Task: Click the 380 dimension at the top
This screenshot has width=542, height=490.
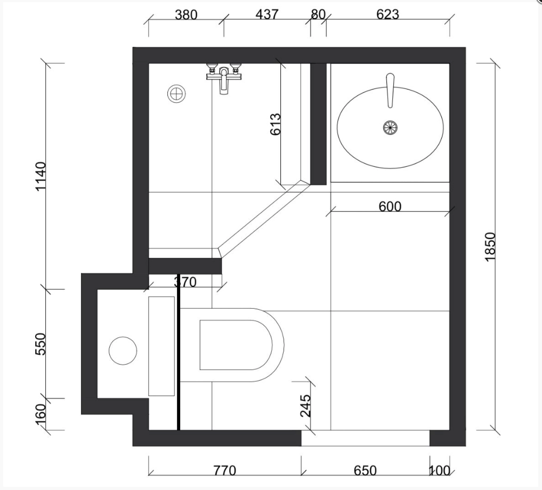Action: point(186,15)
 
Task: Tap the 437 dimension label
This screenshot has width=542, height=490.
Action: point(267,14)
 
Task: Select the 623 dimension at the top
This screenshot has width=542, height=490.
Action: point(387,14)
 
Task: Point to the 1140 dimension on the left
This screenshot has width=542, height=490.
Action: point(41,176)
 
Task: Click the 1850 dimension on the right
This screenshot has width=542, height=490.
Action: point(490,247)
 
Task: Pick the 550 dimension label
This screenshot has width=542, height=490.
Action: point(41,344)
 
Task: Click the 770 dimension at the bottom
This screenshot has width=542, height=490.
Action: point(225,471)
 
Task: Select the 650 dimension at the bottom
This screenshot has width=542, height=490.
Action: point(366,471)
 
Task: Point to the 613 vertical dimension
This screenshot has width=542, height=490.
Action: point(276,124)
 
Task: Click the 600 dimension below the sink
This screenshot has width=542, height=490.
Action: point(390,206)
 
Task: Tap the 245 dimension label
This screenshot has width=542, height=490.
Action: point(305,406)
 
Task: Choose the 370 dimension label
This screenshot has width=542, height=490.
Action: point(185,282)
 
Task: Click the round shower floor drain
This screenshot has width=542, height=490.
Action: point(176,94)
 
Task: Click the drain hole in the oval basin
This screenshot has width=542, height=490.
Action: point(390,127)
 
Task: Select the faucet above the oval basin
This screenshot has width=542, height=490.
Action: point(390,90)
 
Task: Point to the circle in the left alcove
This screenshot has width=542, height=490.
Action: point(123,351)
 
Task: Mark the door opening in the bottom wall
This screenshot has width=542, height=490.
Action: point(366,438)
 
